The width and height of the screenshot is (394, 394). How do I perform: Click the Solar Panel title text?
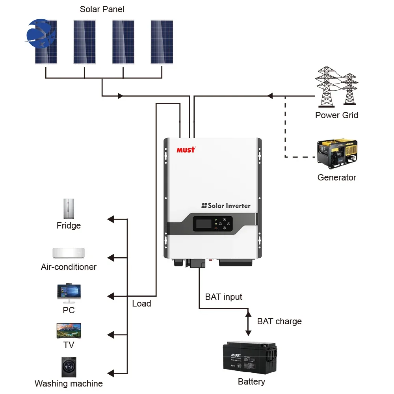coord(102,9)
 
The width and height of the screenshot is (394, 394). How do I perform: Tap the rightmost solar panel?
coord(162,42)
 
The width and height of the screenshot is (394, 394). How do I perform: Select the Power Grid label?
coord(336,115)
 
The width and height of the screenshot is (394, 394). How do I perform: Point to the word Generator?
coord(336,177)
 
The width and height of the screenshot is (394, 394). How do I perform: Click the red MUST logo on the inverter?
coord(186,150)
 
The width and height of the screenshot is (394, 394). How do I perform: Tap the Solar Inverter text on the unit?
coord(226,205)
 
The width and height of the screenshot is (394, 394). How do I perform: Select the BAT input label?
coord(223,297)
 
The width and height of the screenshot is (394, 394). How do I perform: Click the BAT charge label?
coord(279,321)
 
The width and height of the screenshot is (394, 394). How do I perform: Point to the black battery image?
coord(250,356)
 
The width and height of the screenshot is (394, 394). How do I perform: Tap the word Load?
coord(141,303)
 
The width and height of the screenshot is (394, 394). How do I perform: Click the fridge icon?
coord(69,208)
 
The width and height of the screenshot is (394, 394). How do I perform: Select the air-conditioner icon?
coord(69,253)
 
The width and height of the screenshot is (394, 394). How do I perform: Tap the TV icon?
coord(69,331)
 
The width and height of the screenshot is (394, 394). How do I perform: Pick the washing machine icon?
coord(69,367)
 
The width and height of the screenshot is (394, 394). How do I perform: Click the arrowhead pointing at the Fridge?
coord(111,219)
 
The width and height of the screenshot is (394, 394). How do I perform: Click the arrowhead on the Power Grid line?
coord(270,96)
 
